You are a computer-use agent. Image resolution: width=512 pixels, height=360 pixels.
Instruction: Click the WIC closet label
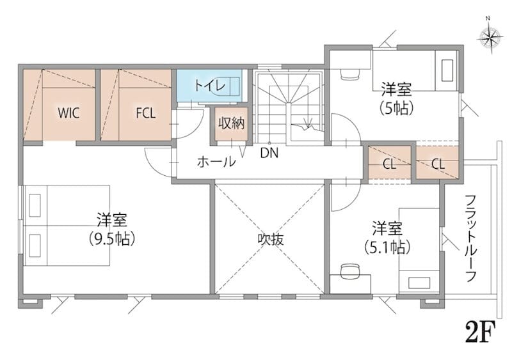tap(68, 113)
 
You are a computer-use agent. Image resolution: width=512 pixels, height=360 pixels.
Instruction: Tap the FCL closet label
tap(146, 113)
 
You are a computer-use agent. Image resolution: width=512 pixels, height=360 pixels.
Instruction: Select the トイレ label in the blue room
tap(210, 86)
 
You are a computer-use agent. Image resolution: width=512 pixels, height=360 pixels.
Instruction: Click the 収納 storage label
tap(231, 123)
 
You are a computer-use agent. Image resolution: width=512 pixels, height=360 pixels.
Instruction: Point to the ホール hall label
tap(216, 162)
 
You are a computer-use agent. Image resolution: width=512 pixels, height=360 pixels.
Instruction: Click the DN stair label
tap(269, 153)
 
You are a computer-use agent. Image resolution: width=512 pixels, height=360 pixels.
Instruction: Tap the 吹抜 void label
tap(271, 240)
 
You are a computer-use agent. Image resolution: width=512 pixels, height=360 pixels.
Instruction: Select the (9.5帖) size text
tap(112, 239)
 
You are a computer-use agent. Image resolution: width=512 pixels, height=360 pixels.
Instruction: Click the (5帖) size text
tap(397, 108)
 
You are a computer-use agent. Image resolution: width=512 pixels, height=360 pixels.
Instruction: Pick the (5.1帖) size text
tap(387, 247)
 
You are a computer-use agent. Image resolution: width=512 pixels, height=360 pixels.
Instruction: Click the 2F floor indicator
tap(480, 331)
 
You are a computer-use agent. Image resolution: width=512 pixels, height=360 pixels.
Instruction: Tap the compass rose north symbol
tap(490, 38)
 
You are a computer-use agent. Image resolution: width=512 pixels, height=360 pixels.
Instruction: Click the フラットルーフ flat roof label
tap(470, 239)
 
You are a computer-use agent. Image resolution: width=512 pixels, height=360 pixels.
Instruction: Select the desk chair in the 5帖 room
tap(350, 74)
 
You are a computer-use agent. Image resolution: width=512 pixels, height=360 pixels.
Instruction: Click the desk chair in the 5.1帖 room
tap(349, 271)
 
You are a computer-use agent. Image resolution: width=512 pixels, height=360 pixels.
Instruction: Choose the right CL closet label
tap(438, 164)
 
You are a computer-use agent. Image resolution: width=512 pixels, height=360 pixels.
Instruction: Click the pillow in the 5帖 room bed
tap(447, 70)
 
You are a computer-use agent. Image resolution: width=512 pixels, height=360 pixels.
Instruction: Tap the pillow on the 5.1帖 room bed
tap(419, 283)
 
